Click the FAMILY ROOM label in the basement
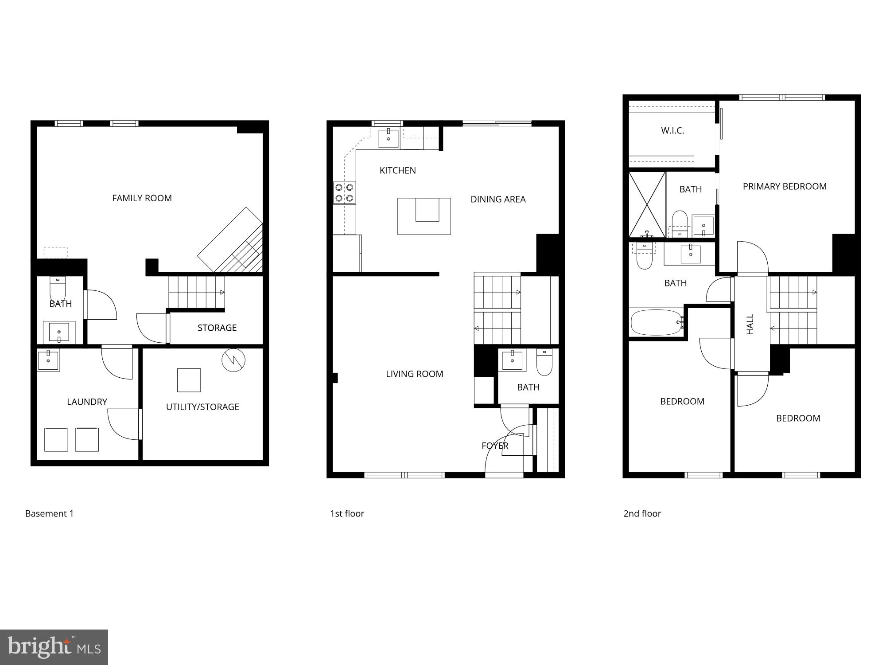click(142, 198)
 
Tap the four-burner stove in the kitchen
click(344, 193)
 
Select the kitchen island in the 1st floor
click(424, 216)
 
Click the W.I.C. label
click(672, 131)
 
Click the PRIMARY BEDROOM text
click(785, 187)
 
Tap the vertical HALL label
click(750, 324)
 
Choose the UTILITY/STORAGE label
click(202, 407)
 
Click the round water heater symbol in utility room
click(233, 360)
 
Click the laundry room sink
click(48, 360)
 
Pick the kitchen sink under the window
click(389, 138)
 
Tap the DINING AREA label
click(498, 199)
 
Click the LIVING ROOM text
click(414, 374)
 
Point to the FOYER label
click(495, 446)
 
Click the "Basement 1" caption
click(49, 514)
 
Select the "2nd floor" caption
click(642, 514)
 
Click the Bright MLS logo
click(54, 647)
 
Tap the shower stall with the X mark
click(647, 204)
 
